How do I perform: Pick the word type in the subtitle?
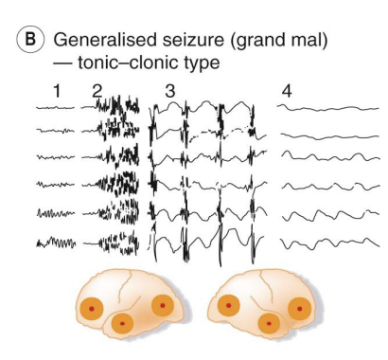pyautogui.click(x=195, y=63)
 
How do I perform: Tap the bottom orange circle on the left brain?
pyautogui.click(x=122, y=323)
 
